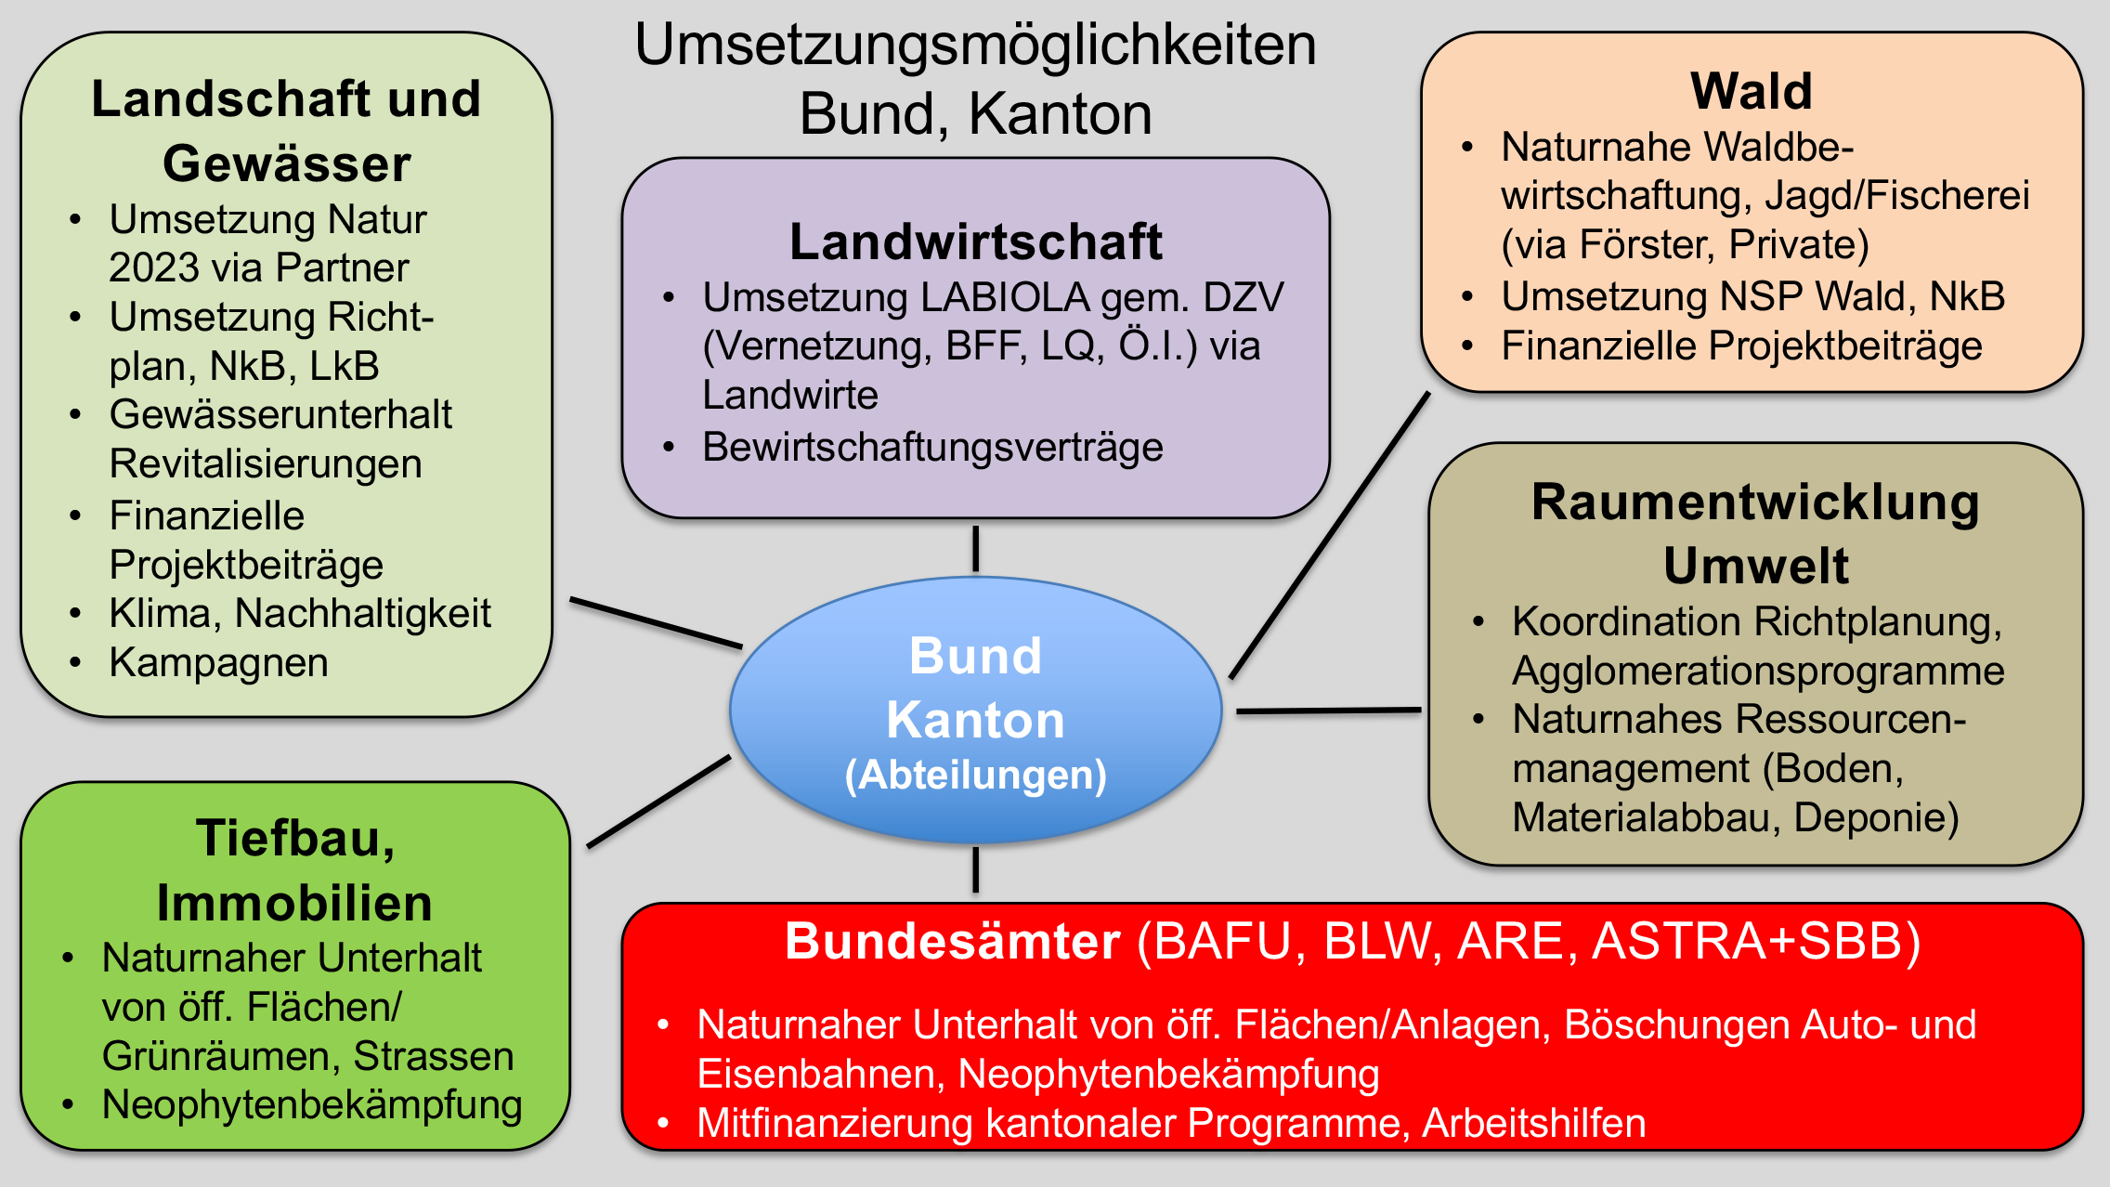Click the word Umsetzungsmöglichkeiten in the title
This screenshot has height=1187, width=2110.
pos(975,45)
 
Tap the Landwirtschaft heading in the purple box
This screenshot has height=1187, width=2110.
pos(975,241)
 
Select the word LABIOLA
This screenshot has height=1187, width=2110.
pos(1005,298)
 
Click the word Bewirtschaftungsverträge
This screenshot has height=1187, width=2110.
pos(932,448)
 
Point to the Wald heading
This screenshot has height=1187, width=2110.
pos(1752,91)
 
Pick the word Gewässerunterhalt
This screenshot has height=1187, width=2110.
pos(280,415)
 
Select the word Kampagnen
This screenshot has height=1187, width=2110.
pos(218,663)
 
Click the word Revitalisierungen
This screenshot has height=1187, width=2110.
pos(266,463)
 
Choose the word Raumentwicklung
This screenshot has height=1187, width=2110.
pos(1755,502)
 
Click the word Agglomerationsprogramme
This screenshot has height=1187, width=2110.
pos(1758,671)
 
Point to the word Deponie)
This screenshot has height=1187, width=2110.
pos(1876,817)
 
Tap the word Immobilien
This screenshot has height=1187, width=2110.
pos(294,903)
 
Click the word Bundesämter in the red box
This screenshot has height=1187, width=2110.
pos(953,941)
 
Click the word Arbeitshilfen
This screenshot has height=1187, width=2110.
pos(1533,1123)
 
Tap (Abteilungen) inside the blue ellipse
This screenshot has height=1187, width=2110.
pos(975,775)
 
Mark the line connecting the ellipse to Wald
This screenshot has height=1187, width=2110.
pos(1330,535)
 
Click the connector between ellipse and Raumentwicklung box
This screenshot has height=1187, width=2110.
pos(1328,711)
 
